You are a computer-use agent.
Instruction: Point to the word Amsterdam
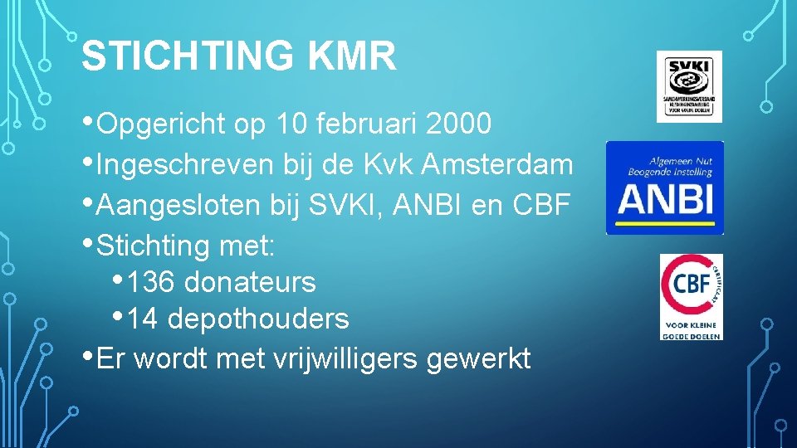tap(497, 164)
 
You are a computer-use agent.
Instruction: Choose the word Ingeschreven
tap(184, 164)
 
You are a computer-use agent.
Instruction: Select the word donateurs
tap(250, 282)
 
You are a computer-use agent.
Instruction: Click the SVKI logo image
tap(689, 86)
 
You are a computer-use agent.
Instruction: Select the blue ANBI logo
tap(664, 187)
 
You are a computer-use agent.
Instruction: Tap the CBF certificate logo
tap(691, 296)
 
